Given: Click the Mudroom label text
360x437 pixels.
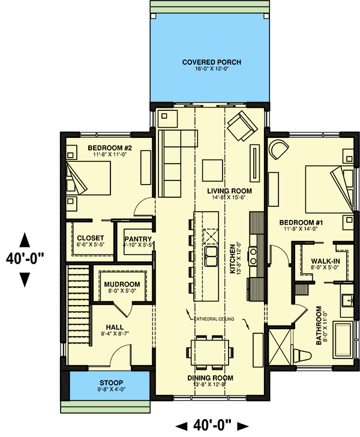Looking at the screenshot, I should click(x=122, y=284).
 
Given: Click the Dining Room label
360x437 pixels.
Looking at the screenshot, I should click(x=209, y=378).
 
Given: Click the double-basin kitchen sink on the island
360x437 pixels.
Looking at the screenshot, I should click(x=211, y=257).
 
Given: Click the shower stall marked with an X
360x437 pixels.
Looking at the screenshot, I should click(x=278, y=343).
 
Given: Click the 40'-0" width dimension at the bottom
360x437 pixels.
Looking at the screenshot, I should click(x=211, y=426).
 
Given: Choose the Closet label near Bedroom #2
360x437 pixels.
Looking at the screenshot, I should click(x=91, y=238).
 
